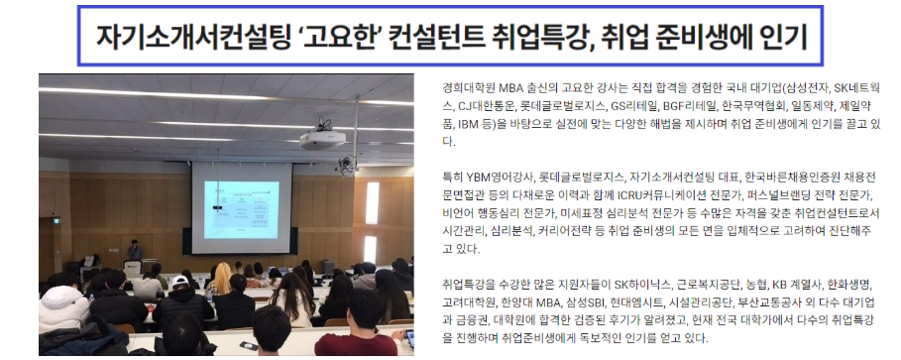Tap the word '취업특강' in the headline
tap(534, 38)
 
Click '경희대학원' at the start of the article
tap(472, 88)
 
